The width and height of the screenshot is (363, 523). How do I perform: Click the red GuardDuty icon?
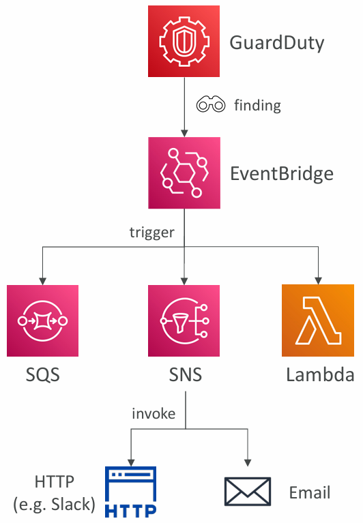(x=184, y=41)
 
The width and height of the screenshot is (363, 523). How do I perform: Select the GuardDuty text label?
(x=277, y=44)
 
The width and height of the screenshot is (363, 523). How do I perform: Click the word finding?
(x=257, y=106)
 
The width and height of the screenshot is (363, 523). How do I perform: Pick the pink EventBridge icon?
(x=184, y=173)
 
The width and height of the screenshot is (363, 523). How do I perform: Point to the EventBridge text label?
(x=282, y=174)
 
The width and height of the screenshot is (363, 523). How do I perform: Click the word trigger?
(x=152, y=232)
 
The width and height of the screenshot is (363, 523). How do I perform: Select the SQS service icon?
(x=43, y=320)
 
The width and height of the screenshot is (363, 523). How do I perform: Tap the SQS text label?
(x=43, y=374)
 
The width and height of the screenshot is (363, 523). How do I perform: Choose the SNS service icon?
(x=184, y=320)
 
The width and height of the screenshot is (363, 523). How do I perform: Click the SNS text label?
(x=186, y=374)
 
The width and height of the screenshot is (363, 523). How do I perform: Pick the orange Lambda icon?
(x=318, y=320)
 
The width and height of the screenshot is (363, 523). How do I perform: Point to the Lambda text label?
(x=320, y=374)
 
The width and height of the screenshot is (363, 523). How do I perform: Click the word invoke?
(x=154, y=414)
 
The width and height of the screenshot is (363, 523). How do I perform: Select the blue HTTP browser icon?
(x=131, y=492)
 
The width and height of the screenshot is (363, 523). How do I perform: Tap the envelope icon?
(x=248, y=492)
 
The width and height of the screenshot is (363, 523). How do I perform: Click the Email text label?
(x=310, y=492)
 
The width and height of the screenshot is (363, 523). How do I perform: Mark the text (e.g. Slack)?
(x=55, y=505)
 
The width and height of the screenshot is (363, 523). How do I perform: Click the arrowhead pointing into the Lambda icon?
(x=318, y=280)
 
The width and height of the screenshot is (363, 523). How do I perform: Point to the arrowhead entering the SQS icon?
(x=43, y=281)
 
